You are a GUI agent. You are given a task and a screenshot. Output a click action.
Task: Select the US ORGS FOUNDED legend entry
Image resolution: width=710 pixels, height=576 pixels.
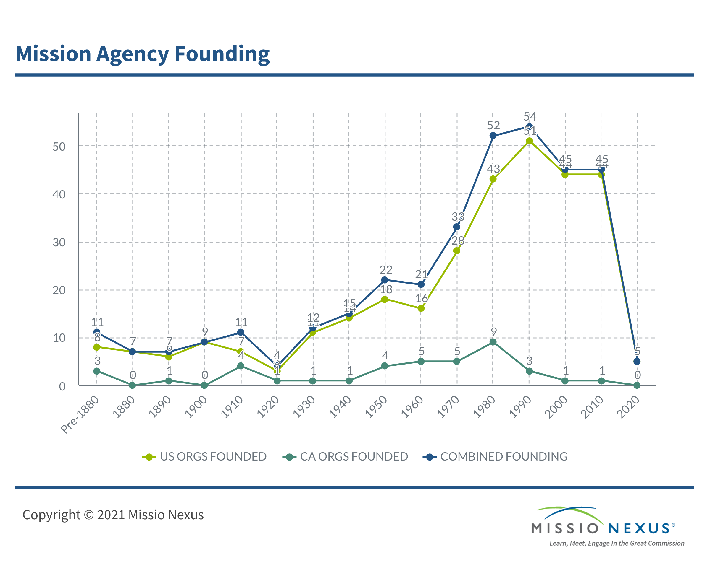[x=204, y=457]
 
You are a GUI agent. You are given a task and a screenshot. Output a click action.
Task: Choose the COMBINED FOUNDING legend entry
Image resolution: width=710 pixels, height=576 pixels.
[x=495, y=457]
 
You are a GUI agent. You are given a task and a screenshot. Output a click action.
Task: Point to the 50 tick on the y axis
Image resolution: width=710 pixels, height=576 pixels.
[x=59, y=146]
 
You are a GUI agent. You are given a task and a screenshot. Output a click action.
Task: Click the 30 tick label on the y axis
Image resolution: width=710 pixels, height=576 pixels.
[x=59, y=242]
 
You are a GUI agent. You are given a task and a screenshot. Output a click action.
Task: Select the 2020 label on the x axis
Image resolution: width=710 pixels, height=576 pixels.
[x=628, y=407]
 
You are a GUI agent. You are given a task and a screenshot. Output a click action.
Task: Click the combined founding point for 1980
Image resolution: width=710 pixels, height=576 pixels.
[x=493, y=136]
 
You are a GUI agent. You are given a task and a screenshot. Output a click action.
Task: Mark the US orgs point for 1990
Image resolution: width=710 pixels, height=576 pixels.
[x=529, y=141]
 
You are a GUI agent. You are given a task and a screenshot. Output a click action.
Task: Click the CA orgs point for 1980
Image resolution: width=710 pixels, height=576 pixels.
[x=493, y=342]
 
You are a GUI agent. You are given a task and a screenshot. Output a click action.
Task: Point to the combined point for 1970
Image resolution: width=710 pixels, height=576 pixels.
[x=457, y=227]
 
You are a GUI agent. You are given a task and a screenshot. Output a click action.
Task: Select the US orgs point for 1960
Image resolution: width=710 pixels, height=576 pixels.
[x=421, y=308]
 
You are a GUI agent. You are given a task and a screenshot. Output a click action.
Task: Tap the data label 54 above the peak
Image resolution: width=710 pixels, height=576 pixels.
[x=530, y=116]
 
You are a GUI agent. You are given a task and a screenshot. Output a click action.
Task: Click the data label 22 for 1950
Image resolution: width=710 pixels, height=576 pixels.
[x=386, y=269]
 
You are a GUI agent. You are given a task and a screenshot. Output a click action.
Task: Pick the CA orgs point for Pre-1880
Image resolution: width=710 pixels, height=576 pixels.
[x=97, y=371]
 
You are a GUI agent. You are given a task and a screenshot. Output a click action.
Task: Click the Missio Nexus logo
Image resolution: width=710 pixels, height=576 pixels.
[x=603, y=525]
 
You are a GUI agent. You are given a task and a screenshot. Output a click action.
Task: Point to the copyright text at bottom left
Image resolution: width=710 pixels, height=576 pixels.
[x=113, y=515]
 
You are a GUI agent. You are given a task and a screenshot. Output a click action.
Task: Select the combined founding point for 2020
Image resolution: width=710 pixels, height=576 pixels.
[x=637, y=361]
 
